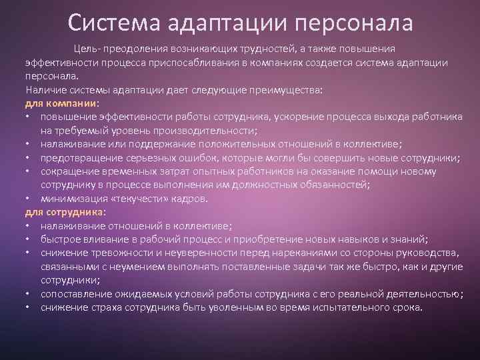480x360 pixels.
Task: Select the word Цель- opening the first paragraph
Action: (x=87, y=49)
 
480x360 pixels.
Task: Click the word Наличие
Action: (x=45, y=90)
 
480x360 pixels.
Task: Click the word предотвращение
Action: (x=80, y=158)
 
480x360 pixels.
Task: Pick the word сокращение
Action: (x=69, y=171)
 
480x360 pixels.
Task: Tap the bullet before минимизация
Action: (x=28, y=199)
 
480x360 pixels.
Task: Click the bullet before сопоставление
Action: (x=28, y=294)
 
